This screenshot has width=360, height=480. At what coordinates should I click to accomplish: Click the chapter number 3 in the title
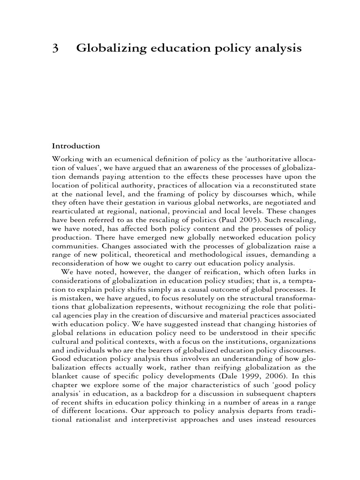tap(55, 48)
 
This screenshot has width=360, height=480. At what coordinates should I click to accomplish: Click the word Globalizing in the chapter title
tap(106, 48)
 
